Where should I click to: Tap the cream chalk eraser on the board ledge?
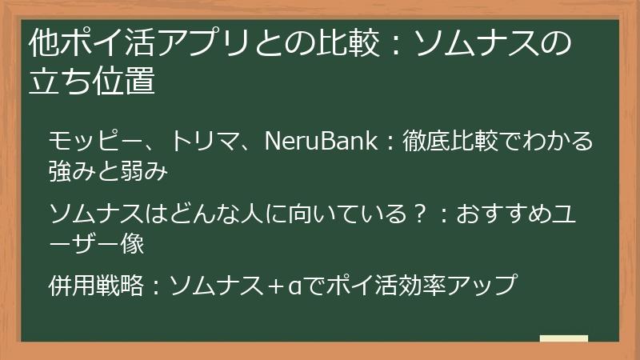[x=563, y=339]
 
